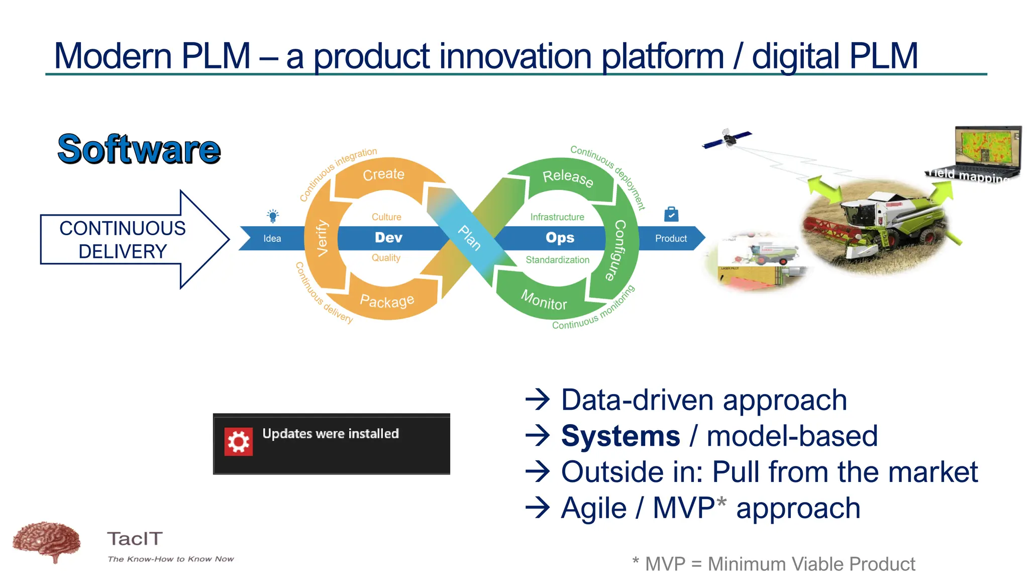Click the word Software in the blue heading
[139, 150]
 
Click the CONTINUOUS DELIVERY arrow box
[123, 240]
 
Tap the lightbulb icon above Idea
[273, 216]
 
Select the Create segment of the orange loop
[383, 174]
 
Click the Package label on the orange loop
[387, 301]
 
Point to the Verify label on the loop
[322, 238]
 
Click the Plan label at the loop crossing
[469, 238]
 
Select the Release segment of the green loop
[568, 177]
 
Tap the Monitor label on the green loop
[544, 301]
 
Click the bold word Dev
[388, 237]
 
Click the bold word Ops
[560, 237]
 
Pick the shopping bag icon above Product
[671, 214]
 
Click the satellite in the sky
[728, 138]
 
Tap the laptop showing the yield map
[987, 151]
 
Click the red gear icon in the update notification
[238, 442]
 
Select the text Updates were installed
[330, 434]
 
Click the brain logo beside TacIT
[47, 541]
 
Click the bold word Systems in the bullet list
[620, 436]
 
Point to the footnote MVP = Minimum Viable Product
[779, 564]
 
